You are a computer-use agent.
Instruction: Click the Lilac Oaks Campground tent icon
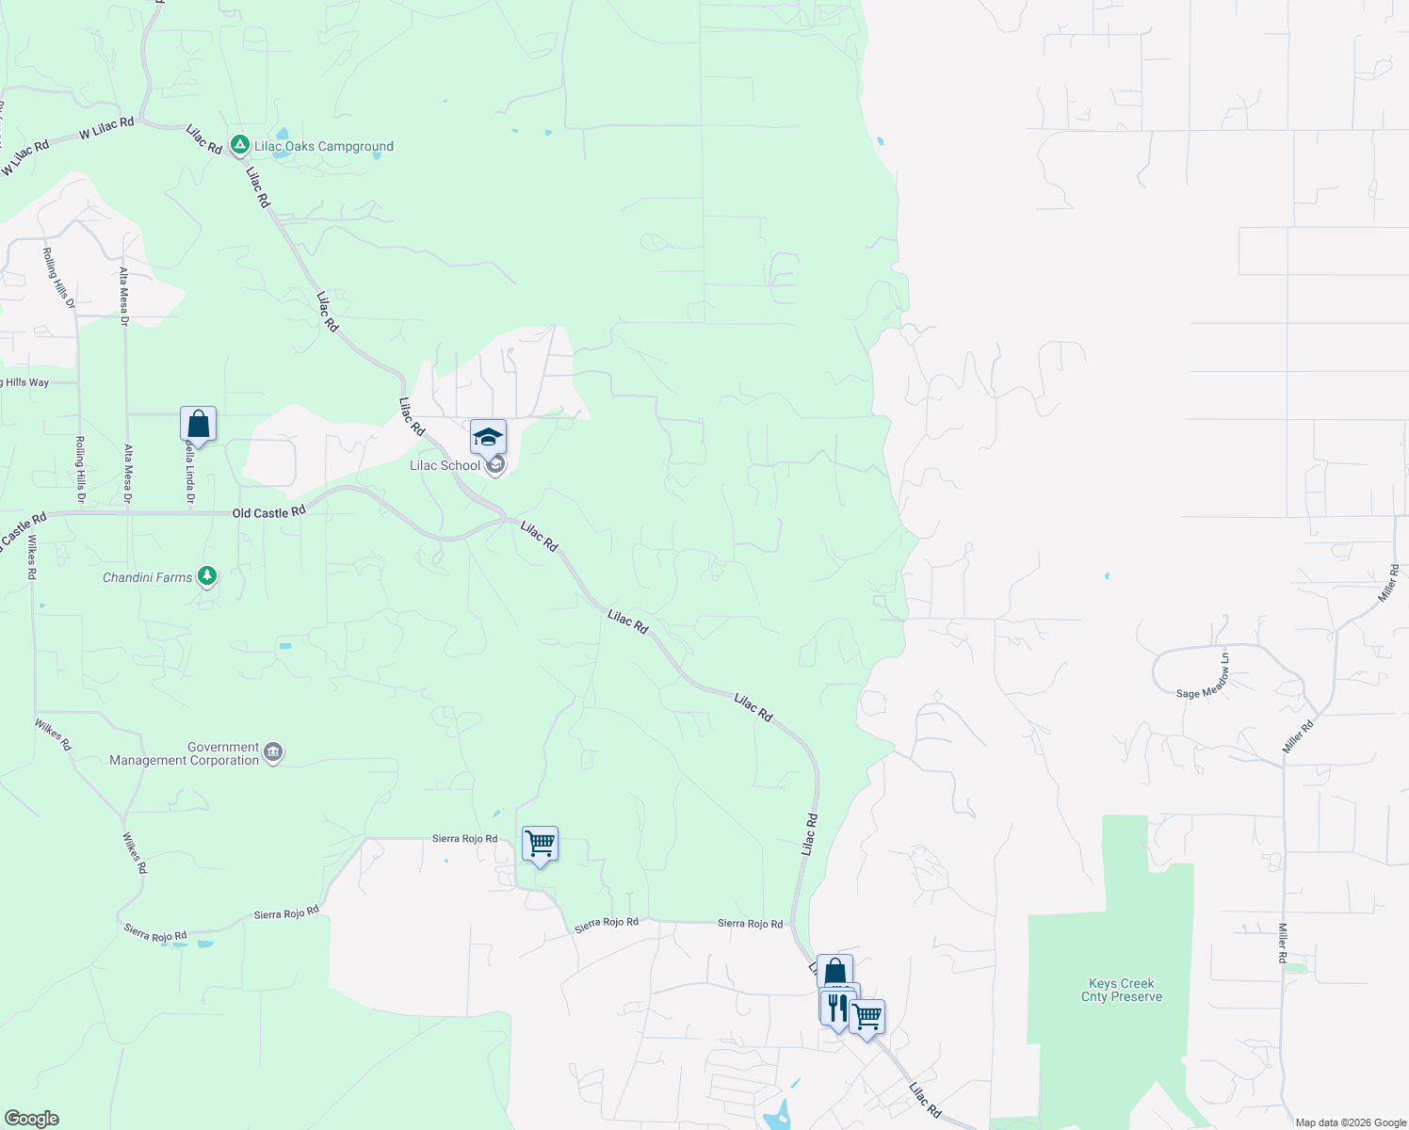coord(239,145)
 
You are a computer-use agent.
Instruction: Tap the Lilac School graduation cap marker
coord(488,437)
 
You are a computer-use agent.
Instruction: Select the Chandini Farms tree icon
coord(207,576)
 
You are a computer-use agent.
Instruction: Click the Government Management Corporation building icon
coord(273,752)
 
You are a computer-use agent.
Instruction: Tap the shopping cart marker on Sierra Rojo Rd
coord(540,844)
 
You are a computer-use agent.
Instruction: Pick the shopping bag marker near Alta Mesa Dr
coord(198,424)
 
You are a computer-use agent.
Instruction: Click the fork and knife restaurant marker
coord(835,1007)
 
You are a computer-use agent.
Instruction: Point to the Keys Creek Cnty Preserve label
coord(1121,990)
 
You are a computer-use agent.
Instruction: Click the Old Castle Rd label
coord(268,512)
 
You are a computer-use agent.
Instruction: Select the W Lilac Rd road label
coord(106,128)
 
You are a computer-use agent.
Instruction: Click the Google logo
coord(32,1119)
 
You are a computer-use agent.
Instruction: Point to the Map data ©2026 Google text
coord(1351,1122)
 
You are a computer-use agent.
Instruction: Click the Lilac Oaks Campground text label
coord(324,146)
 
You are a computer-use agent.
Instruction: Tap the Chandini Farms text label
coord(147,577)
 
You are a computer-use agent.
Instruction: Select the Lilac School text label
coord(445,465)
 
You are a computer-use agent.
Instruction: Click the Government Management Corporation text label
coord(185,753)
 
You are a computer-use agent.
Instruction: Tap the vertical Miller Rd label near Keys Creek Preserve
coord(1283,943)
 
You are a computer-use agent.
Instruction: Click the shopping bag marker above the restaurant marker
coord(834,971)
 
